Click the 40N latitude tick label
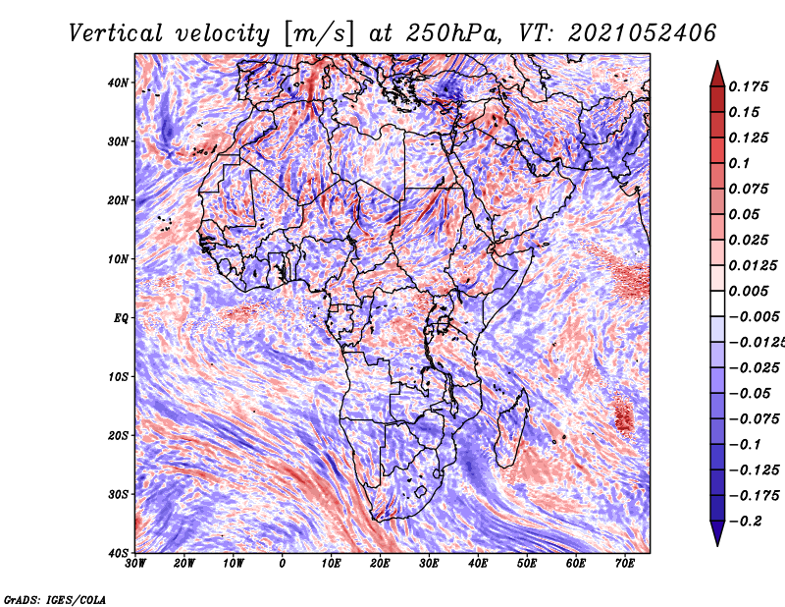click(118, 83)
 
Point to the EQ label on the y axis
click(121, 318)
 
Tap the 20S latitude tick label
click(118, 435)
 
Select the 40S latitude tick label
click(118, 553)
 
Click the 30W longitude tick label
click(135, 564)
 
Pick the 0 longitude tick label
click(283, 564)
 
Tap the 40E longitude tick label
click(478, 564)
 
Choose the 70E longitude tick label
click(625, 564)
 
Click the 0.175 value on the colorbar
click(748, 86)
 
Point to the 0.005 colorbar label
click(748, 291)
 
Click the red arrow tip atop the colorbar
click(717, 62)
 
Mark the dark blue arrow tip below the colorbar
click(717, 545)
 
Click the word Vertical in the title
click(116, 33)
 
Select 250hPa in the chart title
click(453, 33)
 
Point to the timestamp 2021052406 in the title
click(643, 33)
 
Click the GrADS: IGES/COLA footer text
click(55, 599)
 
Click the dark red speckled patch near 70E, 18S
click(624, 414)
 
